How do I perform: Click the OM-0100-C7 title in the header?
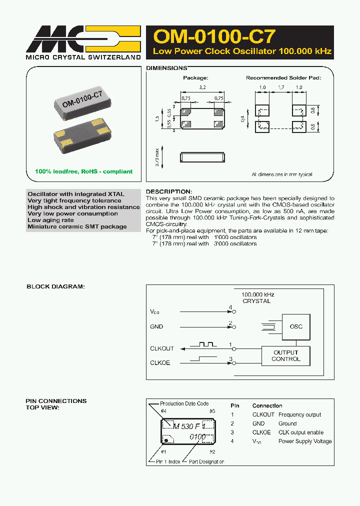[214, 36]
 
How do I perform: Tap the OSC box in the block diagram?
[296, 326]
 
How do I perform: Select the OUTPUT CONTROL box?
[286, 356]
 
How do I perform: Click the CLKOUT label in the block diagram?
[162, 348]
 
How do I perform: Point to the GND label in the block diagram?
[156, 326]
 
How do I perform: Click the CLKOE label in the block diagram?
[160, 362]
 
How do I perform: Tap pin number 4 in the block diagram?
[230, 307]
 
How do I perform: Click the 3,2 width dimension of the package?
[201, 87]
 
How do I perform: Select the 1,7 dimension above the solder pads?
[280, 87]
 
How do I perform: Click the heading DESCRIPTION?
[168, 191]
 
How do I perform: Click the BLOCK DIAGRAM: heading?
[55, 286]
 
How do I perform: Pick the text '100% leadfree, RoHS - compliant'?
[83, 171]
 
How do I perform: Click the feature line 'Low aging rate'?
[50, 220]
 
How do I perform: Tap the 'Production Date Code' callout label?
[184, 403]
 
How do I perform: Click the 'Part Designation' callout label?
[206, 461]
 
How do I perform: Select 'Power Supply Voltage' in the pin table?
[305, 441]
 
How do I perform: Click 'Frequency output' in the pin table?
[299, 414]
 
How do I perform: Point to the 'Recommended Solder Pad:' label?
[283, 78]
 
